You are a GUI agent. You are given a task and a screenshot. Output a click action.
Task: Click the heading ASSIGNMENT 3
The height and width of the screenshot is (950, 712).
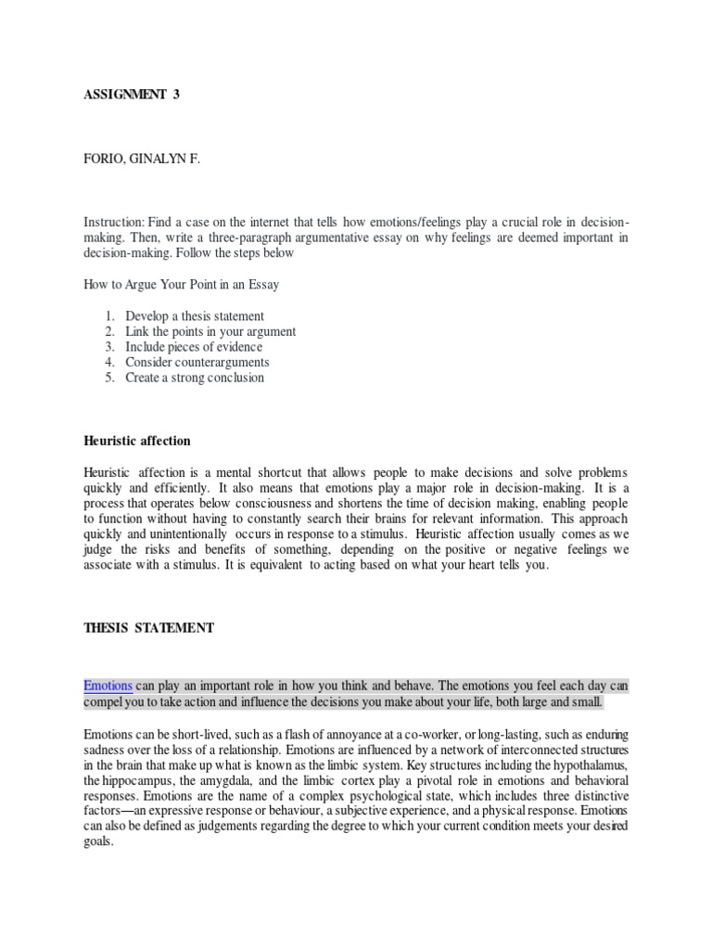point(132,94)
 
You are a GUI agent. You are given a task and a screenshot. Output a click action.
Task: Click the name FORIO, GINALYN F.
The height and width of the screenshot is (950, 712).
point(142,160)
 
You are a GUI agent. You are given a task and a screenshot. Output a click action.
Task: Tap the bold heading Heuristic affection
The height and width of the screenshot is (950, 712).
point(137,441)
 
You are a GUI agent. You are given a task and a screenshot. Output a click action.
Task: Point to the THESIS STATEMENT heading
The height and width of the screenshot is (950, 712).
point(148,628)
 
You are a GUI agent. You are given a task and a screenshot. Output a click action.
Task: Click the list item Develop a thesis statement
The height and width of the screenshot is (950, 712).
point(195,316)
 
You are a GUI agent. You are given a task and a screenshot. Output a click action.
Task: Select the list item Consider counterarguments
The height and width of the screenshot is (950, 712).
point(197,362)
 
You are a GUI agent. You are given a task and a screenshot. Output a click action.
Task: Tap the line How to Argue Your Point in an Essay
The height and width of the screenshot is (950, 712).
point(181,285)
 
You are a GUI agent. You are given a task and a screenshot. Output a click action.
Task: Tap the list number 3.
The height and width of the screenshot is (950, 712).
point(108,347)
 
